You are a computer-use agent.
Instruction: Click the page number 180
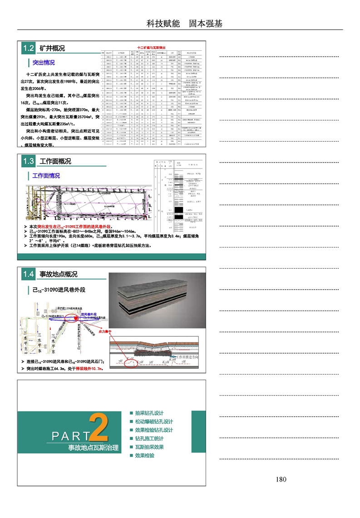(281, 479)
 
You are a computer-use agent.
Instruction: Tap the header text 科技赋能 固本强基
(184, 24)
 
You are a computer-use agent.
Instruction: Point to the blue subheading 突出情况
(44, 63)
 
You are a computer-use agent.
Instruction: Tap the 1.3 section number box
(28, 161)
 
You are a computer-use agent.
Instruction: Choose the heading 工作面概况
(55, 161)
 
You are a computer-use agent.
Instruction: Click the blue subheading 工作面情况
(46, 176)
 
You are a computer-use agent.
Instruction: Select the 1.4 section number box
(28, 274)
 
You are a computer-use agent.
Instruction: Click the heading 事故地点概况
(59, 274)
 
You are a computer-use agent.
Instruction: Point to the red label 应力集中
(105, 332)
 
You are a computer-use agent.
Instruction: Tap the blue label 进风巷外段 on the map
(89, 314)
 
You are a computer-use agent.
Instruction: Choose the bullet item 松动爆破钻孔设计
(154, 422)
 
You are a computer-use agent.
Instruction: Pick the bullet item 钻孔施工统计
(149, 439)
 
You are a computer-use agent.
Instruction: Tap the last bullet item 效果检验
(144, 455)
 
